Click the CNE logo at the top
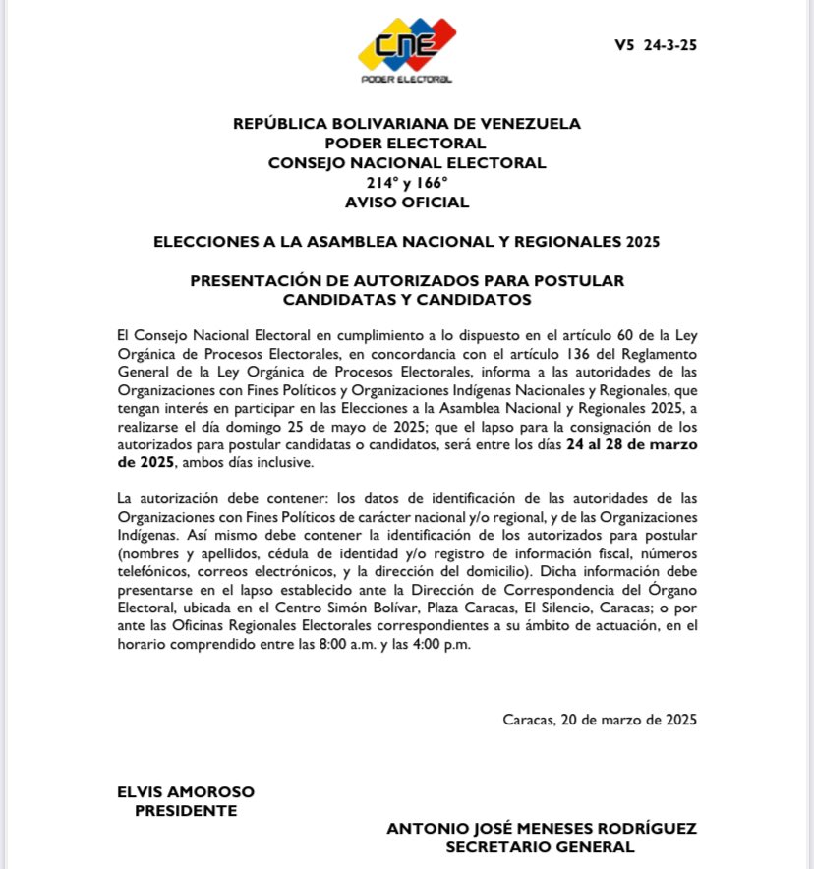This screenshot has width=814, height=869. point(406,46)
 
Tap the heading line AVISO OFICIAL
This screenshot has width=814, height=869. point(407,203)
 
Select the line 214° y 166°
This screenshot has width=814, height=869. point(407,183)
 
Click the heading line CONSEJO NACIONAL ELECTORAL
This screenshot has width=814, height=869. point(407,163)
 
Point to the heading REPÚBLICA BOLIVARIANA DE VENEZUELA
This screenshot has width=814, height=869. point(407,124)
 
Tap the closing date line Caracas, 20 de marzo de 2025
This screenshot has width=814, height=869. point(600,719)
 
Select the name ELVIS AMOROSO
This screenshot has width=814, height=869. point(186,791)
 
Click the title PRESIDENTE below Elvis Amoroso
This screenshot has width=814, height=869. point(186,811)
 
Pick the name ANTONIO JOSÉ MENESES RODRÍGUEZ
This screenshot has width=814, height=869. point(542,829)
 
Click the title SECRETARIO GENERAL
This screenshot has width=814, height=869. point(542,847)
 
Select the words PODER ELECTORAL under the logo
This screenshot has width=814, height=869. point(406,81)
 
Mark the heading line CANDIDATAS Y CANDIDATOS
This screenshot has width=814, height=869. point(407,299)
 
